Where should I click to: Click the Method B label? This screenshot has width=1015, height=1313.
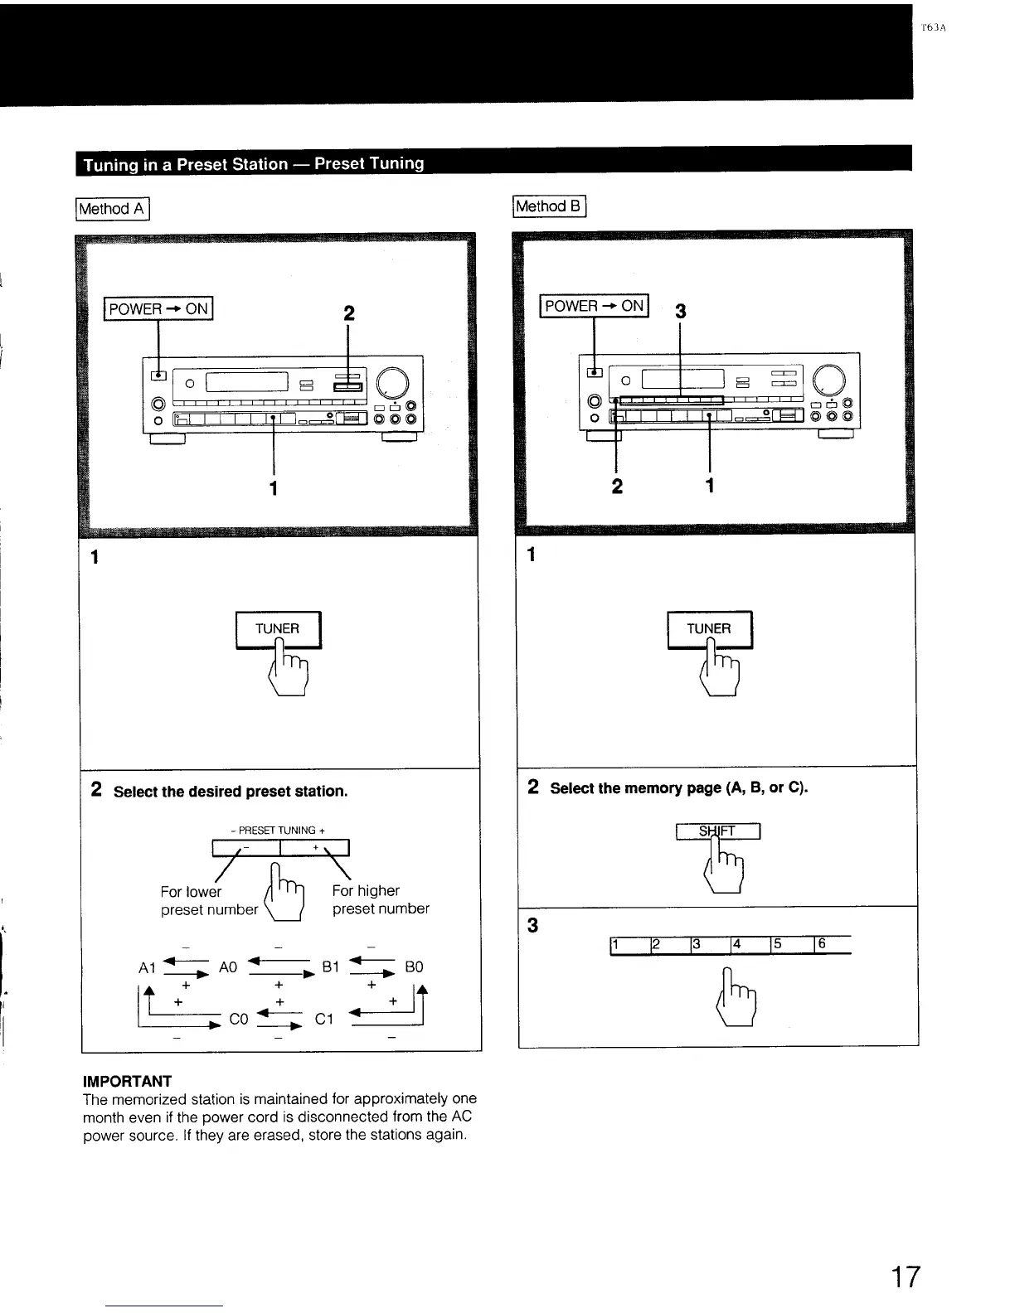coord(550,206)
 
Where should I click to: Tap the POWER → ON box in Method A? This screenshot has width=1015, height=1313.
coord(158,308)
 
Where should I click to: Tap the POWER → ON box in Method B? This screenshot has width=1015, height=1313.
coord(595,305)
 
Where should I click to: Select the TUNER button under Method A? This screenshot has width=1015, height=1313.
coord(278,629)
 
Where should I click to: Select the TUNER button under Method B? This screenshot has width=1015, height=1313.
coord(709,629)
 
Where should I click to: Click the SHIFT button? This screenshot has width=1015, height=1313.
coord(718,831)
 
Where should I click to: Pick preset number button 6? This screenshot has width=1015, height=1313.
coord(833,944)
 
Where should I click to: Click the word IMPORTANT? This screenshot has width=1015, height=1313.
coord(127,1081)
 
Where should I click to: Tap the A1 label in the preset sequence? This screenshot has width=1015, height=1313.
coord(148,968)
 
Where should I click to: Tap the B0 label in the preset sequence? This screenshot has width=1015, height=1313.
coord(414,967)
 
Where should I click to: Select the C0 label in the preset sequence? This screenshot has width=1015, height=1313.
coord(239,1019)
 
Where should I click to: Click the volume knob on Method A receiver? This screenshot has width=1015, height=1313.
coord(393,381)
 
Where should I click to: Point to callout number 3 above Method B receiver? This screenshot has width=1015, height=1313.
coord(681,312)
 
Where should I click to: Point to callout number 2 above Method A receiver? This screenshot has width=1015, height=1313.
coord(348,313)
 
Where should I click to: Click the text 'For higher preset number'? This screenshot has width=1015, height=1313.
coord(381,899)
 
